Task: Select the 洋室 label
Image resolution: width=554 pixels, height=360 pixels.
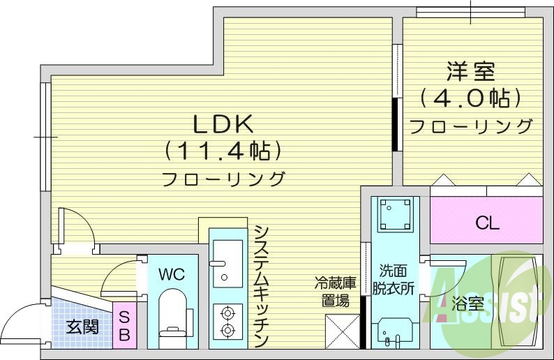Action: (471, 71)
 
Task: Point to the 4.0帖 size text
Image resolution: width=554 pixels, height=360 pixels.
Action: (471, 98)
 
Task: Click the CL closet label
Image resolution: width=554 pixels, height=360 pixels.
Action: (487, 223)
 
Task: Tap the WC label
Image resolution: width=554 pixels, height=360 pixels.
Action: (171, 274)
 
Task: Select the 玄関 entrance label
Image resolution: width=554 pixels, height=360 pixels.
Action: (82, 326)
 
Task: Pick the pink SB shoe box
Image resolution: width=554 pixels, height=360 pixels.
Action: (124, 326)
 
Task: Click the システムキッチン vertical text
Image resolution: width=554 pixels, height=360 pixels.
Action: (262, 286)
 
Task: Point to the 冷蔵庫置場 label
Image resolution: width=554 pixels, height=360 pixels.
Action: (336, 292)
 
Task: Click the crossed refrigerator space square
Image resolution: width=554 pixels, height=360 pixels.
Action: (343, 331)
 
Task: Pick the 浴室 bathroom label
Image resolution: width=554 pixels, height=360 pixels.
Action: (467, 304)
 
